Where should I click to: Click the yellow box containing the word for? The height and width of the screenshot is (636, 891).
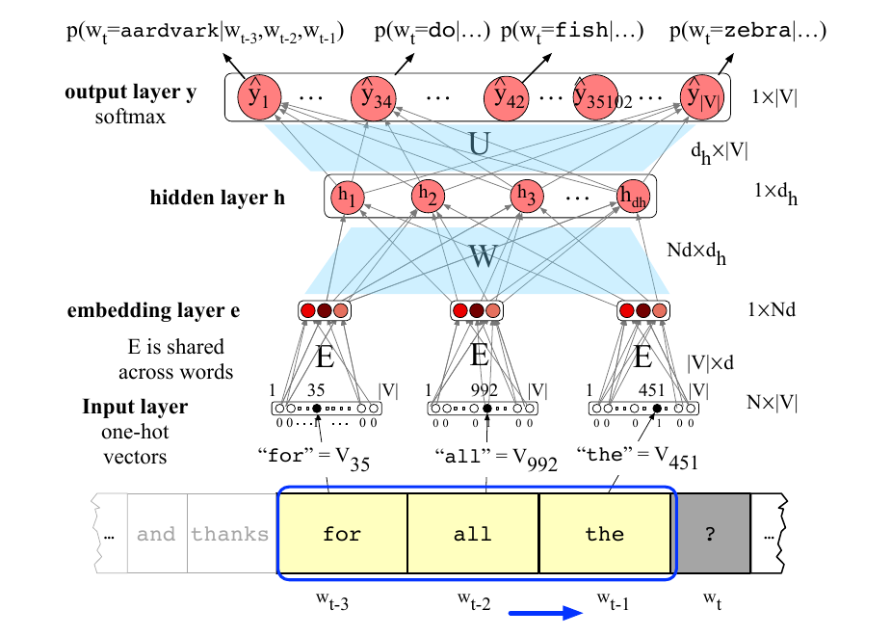coord(343,533)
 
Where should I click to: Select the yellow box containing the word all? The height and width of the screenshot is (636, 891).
coord(473,533)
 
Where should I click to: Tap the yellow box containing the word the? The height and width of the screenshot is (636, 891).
coord(605,533)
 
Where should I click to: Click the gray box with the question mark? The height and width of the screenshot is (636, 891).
coord(710,533)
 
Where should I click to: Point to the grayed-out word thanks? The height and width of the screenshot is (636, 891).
coord(229,534)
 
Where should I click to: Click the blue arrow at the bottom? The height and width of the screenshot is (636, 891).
coord(545,613)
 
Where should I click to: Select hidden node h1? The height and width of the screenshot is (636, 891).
coord(347,197)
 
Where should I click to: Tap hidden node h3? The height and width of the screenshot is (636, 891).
coord(526,196)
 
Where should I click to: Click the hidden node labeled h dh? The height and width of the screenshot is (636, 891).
coord(633,197)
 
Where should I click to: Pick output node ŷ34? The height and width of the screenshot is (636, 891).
coord(374,97)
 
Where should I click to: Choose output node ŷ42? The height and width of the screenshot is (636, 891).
coord(507,97)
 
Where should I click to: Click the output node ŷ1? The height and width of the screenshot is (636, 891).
coord(259,97)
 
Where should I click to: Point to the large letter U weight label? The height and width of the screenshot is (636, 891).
coord(479,144)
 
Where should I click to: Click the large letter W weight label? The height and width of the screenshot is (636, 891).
coord(483,255)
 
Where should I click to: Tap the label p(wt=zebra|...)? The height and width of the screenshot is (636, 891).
coord(747,31)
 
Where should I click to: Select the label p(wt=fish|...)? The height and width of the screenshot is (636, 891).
coord(572,31)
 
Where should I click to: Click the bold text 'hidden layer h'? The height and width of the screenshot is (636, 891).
coord(218,198)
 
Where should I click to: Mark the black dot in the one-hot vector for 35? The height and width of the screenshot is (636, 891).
coord(317,408)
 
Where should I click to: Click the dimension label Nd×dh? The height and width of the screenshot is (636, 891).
coord(696,252)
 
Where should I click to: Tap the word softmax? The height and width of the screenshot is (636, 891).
coord(130,118)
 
